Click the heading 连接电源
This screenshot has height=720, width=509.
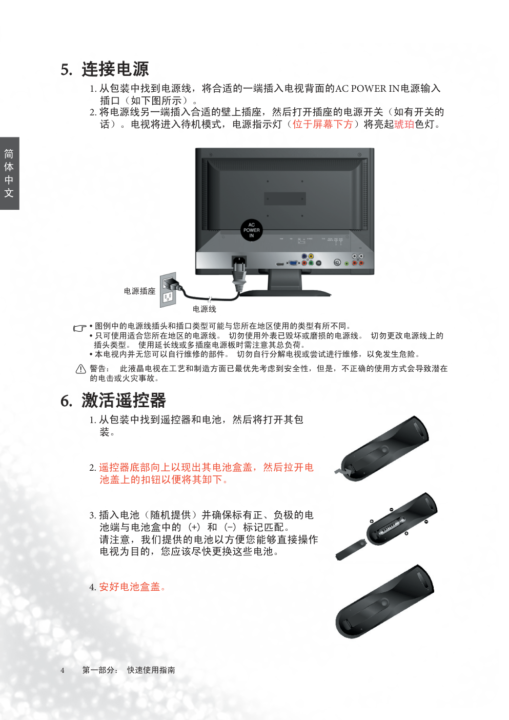[115, 69]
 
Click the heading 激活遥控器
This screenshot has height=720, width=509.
[124, 400]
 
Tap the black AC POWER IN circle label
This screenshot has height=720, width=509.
[251, 230]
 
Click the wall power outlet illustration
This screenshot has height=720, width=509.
[168, 290]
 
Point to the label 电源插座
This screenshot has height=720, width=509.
[139, 291]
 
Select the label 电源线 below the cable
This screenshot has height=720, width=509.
[205, 309]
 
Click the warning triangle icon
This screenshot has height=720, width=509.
[80, 369]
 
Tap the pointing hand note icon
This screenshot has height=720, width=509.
[79, 328]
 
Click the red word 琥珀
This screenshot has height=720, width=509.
[404, 124]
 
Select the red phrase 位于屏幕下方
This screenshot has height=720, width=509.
[322, 124]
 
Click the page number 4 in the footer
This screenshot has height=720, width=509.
[63, 670]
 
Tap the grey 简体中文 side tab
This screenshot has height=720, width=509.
[10, 173]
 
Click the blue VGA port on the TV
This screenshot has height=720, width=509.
[293, 264]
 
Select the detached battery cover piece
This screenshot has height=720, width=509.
[351, 551]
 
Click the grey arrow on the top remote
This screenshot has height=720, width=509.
[342, 471]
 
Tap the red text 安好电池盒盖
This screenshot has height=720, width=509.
[130, 587]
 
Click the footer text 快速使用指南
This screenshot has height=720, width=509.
[151, 670]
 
